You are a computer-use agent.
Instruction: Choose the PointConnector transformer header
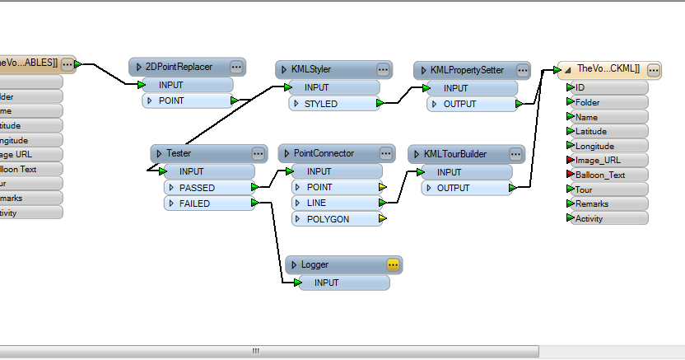[x=324, y=153]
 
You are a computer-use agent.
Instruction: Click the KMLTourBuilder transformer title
[x=454, y=153]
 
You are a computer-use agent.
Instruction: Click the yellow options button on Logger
[x=393, y=264]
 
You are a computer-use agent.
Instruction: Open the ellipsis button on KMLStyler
[x=383, y=69]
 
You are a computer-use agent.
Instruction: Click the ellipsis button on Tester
[x=258, y=153]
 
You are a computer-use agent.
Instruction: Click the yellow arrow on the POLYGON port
[x=383, y=219]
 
